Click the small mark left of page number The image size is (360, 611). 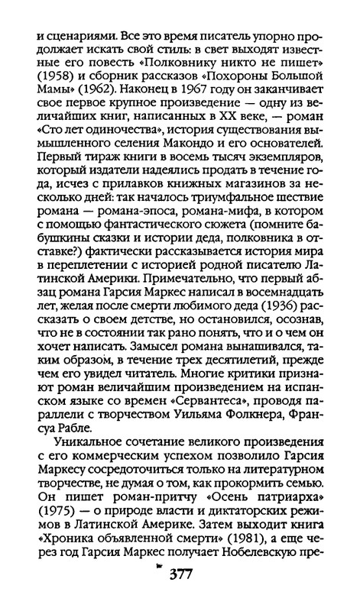coord(158,589)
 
